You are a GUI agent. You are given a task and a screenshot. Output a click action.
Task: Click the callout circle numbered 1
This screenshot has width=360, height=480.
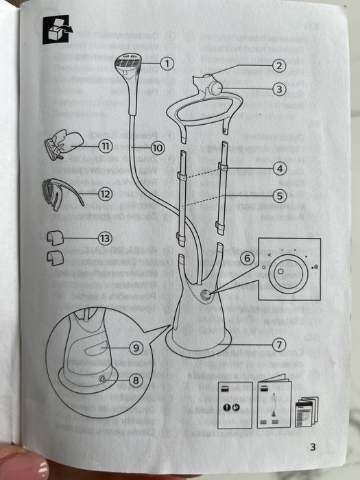tap(167, 64)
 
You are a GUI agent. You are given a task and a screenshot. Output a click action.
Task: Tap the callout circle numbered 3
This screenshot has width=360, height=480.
tap(279, 89)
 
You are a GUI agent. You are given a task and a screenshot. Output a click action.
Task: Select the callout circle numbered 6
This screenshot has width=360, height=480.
tap(247, 258)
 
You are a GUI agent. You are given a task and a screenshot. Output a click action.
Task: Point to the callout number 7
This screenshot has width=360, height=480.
tap(279, 345)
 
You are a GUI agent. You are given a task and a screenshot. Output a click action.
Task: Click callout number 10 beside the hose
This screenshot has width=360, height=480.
tap(158, 148)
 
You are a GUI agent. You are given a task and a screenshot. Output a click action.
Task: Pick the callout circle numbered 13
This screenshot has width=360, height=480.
tap(105, 238)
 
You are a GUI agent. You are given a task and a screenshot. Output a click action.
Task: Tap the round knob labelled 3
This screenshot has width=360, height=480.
tap(215, 88)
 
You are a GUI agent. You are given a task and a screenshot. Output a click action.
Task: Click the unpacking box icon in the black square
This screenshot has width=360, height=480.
tap(56, 29)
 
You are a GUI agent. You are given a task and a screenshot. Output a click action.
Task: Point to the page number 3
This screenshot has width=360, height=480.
tap(313, 447)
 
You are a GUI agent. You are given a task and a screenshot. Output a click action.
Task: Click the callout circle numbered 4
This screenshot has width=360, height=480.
tap(280, 169)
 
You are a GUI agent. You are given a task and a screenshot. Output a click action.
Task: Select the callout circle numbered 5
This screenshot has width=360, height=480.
tap(280, 195)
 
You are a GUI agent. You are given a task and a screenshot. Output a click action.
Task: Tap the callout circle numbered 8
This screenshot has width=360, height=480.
tap(136, 381)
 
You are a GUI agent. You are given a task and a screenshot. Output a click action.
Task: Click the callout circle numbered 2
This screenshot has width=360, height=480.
tap(279, 66)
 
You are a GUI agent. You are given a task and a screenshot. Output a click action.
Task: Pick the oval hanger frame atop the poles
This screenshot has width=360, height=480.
tap(204, 108)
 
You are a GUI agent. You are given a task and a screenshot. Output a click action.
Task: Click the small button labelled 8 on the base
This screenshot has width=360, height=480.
tap(102, 380)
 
